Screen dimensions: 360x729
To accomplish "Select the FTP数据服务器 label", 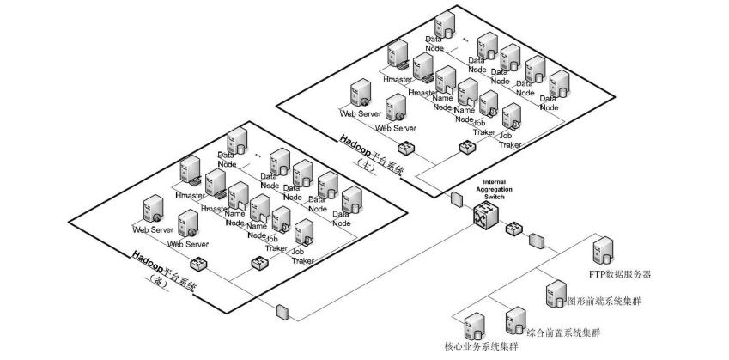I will point(621,275).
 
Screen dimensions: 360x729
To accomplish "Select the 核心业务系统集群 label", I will point(481,347).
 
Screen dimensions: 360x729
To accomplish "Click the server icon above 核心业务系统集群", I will point(472,327).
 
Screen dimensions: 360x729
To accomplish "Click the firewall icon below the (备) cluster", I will point(282,310).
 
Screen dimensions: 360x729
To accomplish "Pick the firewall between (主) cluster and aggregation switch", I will point(456,200).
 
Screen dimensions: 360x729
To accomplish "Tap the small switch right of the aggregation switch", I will point(513,229).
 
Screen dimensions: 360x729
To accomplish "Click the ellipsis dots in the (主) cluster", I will point(465,39).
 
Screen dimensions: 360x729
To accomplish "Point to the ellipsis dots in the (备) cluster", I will point(258,156).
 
